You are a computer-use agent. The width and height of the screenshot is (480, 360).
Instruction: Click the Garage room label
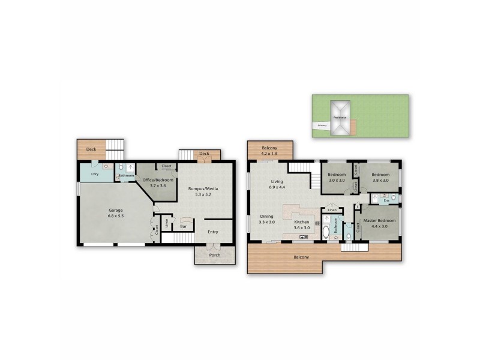coord(116,210)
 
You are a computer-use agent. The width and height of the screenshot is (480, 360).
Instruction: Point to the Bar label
coord(184,227)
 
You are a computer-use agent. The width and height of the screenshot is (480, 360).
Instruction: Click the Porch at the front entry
coord(214,255)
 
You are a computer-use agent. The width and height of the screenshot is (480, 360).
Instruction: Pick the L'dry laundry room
coord(94,174)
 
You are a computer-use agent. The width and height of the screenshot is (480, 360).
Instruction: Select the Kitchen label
coord(301,221)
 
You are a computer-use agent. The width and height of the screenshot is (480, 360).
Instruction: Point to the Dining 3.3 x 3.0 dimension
coord(266,222)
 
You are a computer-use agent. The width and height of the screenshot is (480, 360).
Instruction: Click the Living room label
coord(277,181)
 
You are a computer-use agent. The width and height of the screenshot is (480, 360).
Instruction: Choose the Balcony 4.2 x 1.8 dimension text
coord(270,153)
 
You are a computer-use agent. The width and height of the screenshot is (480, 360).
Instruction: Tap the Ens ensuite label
coord(386,200)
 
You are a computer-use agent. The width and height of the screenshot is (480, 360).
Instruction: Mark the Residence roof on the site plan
coord(340,117)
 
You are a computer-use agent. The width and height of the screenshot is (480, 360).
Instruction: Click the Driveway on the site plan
coord(322,125)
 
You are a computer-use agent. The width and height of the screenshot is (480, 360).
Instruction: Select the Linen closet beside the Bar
coord(166,222)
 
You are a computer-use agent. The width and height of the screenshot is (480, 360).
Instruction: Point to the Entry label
coord(212,232)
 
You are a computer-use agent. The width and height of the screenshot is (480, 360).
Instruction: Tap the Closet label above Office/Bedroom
coord(167,166)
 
